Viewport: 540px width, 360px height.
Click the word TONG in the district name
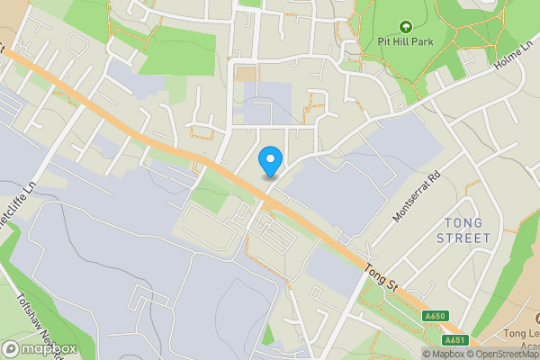(x=463, y=222)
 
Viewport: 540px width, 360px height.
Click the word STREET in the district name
(x=463, y=238)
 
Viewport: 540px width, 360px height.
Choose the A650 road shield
(x=435, y=316)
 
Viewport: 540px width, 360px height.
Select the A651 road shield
(x=454, y=340)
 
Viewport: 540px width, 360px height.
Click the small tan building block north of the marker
(x=245, y=74)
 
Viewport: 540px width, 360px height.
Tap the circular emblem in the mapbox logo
(x=11, y=348)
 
